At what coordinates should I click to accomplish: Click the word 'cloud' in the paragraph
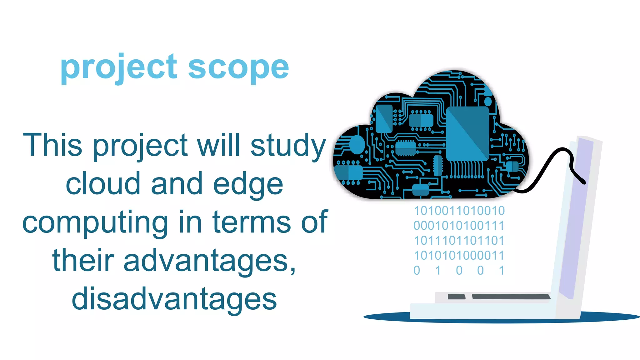coord(103,184)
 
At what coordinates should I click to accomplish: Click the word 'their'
coord(83,261)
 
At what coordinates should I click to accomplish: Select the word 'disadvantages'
coord(174,299)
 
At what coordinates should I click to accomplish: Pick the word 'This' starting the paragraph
coord(52,145)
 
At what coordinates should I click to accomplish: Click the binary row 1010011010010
coord(459,211)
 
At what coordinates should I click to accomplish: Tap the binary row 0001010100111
coord(459,226)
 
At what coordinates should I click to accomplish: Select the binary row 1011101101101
coord(459,241)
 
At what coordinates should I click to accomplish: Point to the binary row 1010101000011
coord(459,256)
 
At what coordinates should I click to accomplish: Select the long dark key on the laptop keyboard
coord(511,297)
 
